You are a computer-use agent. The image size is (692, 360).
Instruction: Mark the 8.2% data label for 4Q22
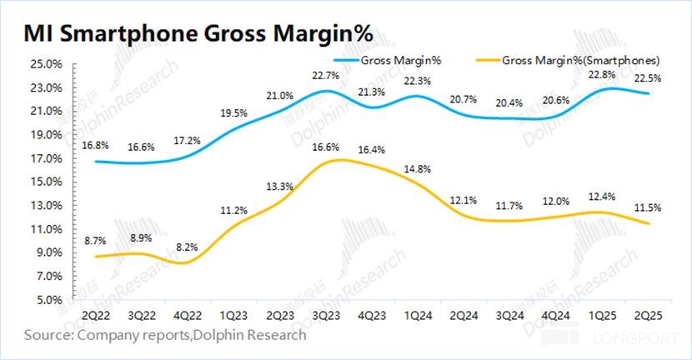coord(188,247)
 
